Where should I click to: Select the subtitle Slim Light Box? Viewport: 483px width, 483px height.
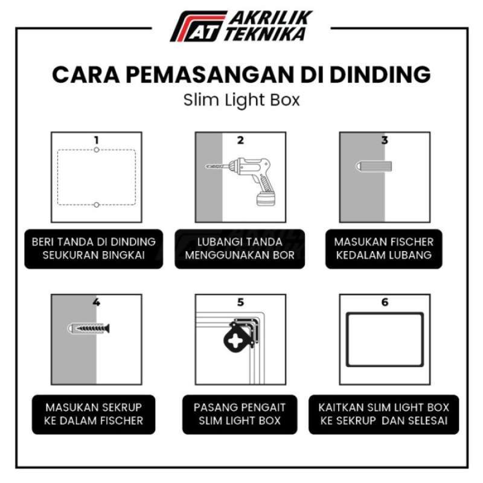(241, 100)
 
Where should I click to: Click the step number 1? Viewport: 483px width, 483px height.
(96, 140)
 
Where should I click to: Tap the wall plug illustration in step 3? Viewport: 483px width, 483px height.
(374, 165)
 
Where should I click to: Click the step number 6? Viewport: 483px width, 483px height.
(385, 302)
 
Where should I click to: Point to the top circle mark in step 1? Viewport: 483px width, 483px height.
(96, 149)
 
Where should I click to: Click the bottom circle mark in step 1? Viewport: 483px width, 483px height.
(96, 205)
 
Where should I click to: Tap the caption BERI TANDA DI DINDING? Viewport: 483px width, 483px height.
(94, 242)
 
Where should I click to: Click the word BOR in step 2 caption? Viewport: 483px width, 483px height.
(284, 255)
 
